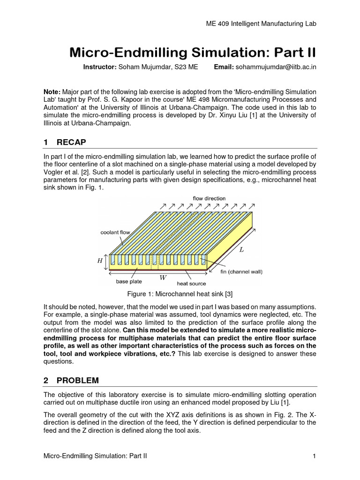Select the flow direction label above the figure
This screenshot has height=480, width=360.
click(209, 198)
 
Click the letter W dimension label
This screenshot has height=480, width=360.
click(163, 277)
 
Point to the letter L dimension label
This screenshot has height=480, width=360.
click(242, 250)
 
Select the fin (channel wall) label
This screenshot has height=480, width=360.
click(241, 272)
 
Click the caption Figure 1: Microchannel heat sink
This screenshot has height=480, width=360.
click(180, 294)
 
